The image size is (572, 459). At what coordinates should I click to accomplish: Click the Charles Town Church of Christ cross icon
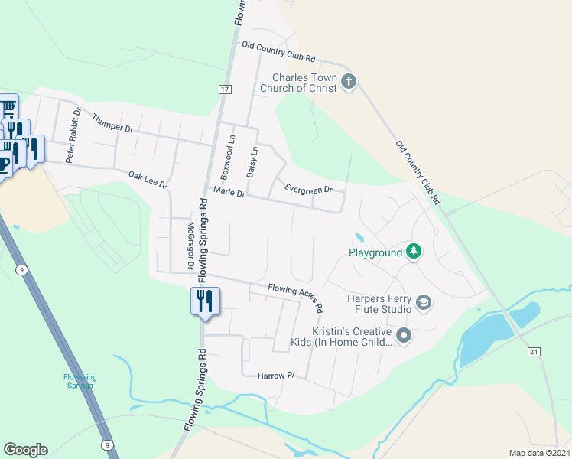coord(349,82)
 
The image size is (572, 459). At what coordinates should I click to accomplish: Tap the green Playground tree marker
coord(414,252)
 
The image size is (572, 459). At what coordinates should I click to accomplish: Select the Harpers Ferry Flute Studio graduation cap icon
coord(424,304)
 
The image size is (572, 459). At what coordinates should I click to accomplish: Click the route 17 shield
coord(224,90)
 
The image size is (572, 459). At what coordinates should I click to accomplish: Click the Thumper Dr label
coord(112,123)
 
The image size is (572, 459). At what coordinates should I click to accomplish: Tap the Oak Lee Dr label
coord(148,180)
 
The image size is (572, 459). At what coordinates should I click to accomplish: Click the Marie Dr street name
coord(229,194)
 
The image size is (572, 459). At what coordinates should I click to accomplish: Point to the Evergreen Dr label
coord(308,189)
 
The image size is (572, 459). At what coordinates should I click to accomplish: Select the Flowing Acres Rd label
coord(296,298)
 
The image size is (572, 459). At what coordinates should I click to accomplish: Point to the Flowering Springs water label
coord(80,381)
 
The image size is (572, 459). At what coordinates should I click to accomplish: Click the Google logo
coord(25,450)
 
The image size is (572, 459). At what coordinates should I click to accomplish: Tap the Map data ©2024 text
coord(538,453)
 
